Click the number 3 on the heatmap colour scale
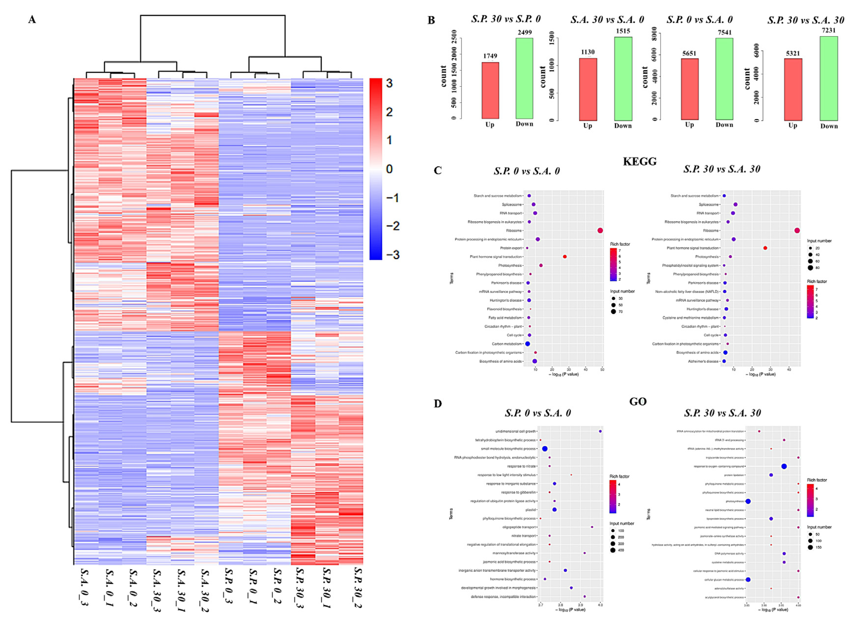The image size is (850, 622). (x=389, y=83)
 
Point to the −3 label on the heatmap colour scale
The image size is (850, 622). (x=392, y=255)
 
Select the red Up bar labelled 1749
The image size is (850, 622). (x=490, y=90)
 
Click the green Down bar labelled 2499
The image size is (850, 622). (x=524, y=78)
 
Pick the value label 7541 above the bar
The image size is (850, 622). (x=724, y=32)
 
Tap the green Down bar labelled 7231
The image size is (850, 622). (x=829, y=78)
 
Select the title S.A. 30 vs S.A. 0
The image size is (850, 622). (x=607, y=20)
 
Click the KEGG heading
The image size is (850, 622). (x=640, y=161)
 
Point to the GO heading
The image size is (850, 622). (x=638, y=402)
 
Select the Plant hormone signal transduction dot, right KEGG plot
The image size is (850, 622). (x=765, y=248)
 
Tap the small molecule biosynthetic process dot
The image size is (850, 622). (x=544, y=449)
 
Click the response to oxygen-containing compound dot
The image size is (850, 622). (x=784, y=466)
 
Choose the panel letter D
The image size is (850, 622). (x=438, y=404)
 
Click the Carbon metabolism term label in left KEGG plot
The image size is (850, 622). (x=506, y=344)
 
